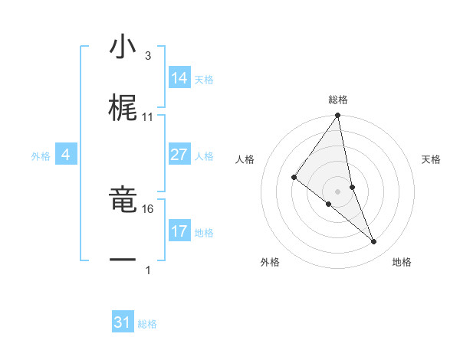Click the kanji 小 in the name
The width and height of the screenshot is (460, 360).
pyautogui.click(x=123, y=49)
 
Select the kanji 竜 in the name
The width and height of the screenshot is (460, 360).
pyautogui.click(x=123, y=201)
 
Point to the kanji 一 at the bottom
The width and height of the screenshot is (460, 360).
pyautogui.click(x=123, y=260)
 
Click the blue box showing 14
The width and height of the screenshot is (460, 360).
pyautogui.click(x=179, y=78)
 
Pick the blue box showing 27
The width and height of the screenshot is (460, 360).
pyautogui.click(x=179, y=155)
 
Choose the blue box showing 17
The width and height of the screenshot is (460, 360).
pyautogui.click(x=179, y=231)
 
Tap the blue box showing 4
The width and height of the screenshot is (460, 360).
pyautogui.click(x=66, y=155)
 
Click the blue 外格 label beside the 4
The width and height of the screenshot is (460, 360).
pyautogui.click(x=41, y=155)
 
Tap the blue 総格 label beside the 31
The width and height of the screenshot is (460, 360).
pyautogui.click(x=147, y=324)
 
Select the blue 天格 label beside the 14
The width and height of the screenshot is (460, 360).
pyautogui.click(x=204, y=79)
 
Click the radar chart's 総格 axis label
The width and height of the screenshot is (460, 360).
pyautogui.click(x=338, y=100)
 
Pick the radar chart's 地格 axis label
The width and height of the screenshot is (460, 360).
pyautogui.click(x=402, y=263)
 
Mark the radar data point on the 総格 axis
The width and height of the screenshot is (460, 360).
pyautogui.click(x=337, y=116)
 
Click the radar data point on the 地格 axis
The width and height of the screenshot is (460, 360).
pyautogui.click(x=374, y=242)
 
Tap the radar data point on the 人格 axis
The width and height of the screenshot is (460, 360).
pyautogui.click(x=294, y=177)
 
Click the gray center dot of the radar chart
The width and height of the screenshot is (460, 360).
pyautogui.click(x=337, y=191)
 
